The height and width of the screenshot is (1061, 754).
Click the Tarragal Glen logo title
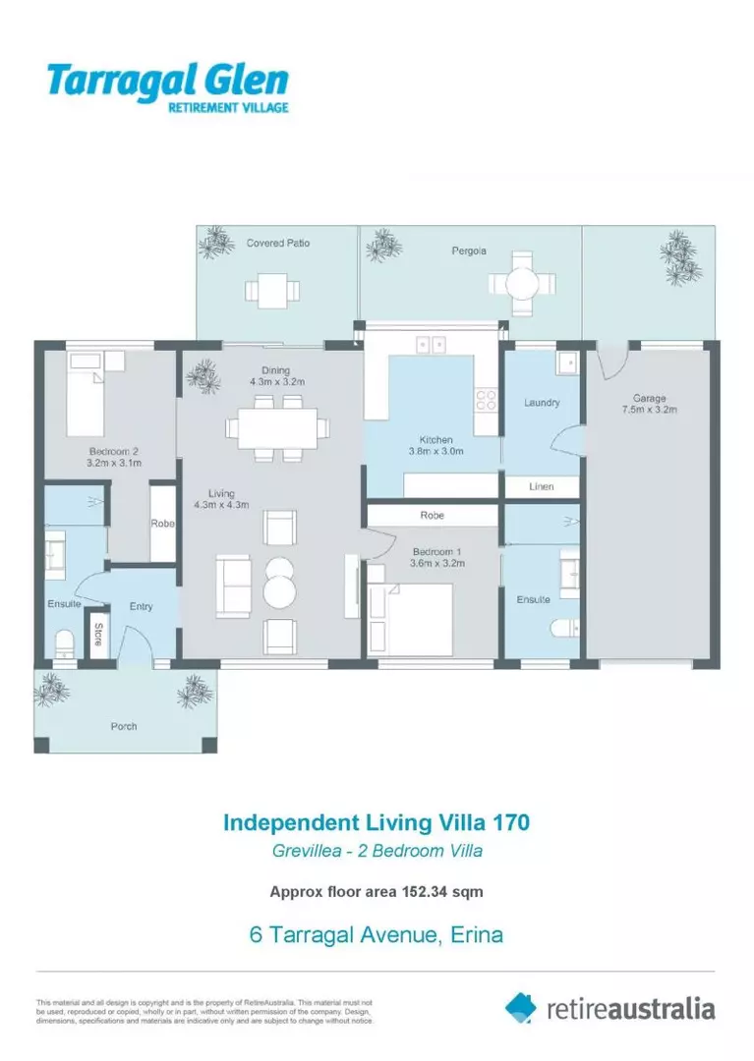click(x=168, y=80)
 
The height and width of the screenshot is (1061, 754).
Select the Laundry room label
click(x=542, y=403)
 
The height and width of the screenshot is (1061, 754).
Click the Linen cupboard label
click(x=541, y=486)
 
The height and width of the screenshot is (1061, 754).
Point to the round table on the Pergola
click(x=521, y=283)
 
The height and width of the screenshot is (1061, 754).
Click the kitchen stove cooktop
click(x=486, y=400)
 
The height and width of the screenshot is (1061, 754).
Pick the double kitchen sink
click(x=430, y=344)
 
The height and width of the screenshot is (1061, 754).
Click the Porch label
click(x=123, y=727)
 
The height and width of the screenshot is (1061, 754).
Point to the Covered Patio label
click(x=278, y=243)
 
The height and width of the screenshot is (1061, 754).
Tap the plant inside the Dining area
click(x=203, y=373)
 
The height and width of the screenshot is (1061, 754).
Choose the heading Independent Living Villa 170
click(x=377, y=820)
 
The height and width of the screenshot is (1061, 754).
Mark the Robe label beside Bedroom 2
click(x=162, y=524)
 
